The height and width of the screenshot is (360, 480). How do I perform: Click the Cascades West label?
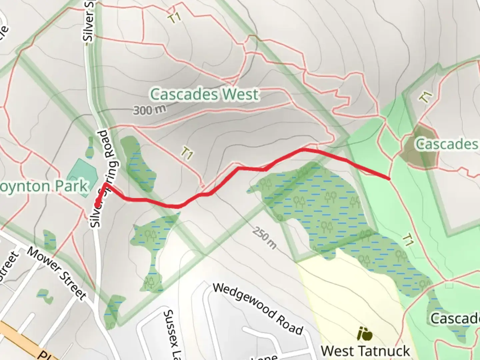click(204, 95)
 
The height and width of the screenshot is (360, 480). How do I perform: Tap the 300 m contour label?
click(149, 109)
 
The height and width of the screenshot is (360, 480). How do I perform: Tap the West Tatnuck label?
click(365, 351)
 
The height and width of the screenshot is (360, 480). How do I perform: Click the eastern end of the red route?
click(389, 179)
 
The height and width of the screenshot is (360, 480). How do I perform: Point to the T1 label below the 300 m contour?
click(187, 153)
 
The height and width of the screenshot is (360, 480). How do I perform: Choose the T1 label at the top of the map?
click(174, 18)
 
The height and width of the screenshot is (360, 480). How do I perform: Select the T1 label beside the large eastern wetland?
click(408, 240)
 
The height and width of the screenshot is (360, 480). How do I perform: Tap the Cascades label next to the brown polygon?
click(447, 144)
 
